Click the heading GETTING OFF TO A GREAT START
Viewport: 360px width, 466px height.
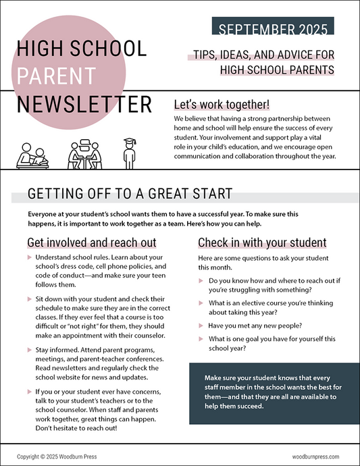[130, 195]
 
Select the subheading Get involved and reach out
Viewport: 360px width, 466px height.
[92, 242]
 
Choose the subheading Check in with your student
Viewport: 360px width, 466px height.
[262, 242]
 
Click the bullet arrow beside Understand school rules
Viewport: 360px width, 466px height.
[28, 258]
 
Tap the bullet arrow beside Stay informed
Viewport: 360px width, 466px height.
[28, 350]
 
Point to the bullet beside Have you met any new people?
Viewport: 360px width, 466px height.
[201, 325]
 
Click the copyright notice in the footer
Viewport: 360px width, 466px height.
[57, 457]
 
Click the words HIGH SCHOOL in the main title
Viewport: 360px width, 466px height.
[81, 49]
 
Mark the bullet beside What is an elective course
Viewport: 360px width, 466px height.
[201, 303]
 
